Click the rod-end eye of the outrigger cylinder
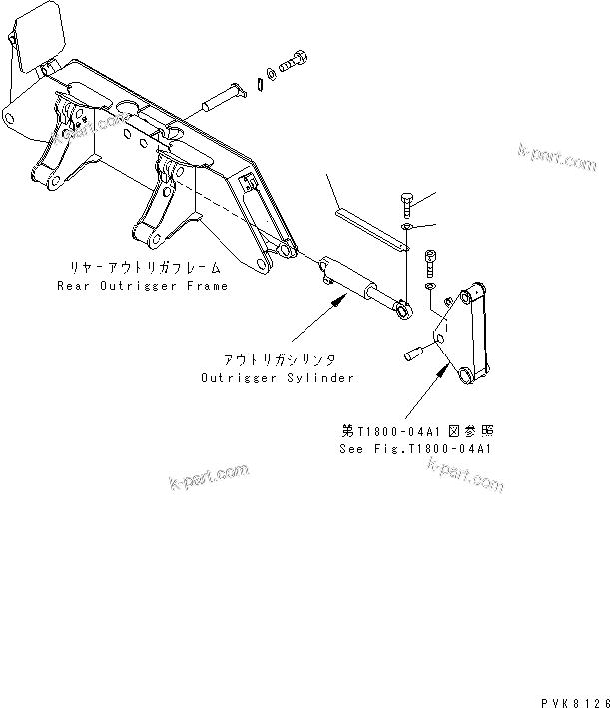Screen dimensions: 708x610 tap(402, 313)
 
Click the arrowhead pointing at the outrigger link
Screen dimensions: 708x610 tap(445, 368)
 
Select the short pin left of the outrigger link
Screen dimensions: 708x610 tap(415, 352)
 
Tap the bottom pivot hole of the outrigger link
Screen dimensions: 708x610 tap(466, 376)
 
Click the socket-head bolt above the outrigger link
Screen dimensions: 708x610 tap(431, 263)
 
